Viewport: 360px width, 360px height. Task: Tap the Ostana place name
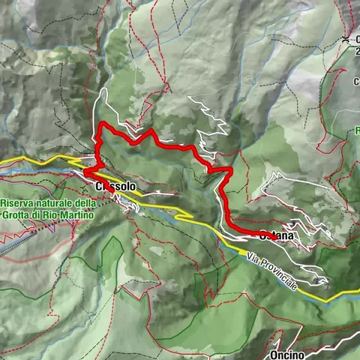pyautogui.click(x=277, y=237)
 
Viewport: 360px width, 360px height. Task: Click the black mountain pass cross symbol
pyautogui.click(x=345, y=38)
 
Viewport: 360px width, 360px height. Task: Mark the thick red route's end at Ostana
pyautogui.click(x=272, y=237)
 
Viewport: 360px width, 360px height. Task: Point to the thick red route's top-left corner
pyautogui.click(x=100, y=125)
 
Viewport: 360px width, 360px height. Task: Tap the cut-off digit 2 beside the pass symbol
pyautogui.click(x=357, y=51)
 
